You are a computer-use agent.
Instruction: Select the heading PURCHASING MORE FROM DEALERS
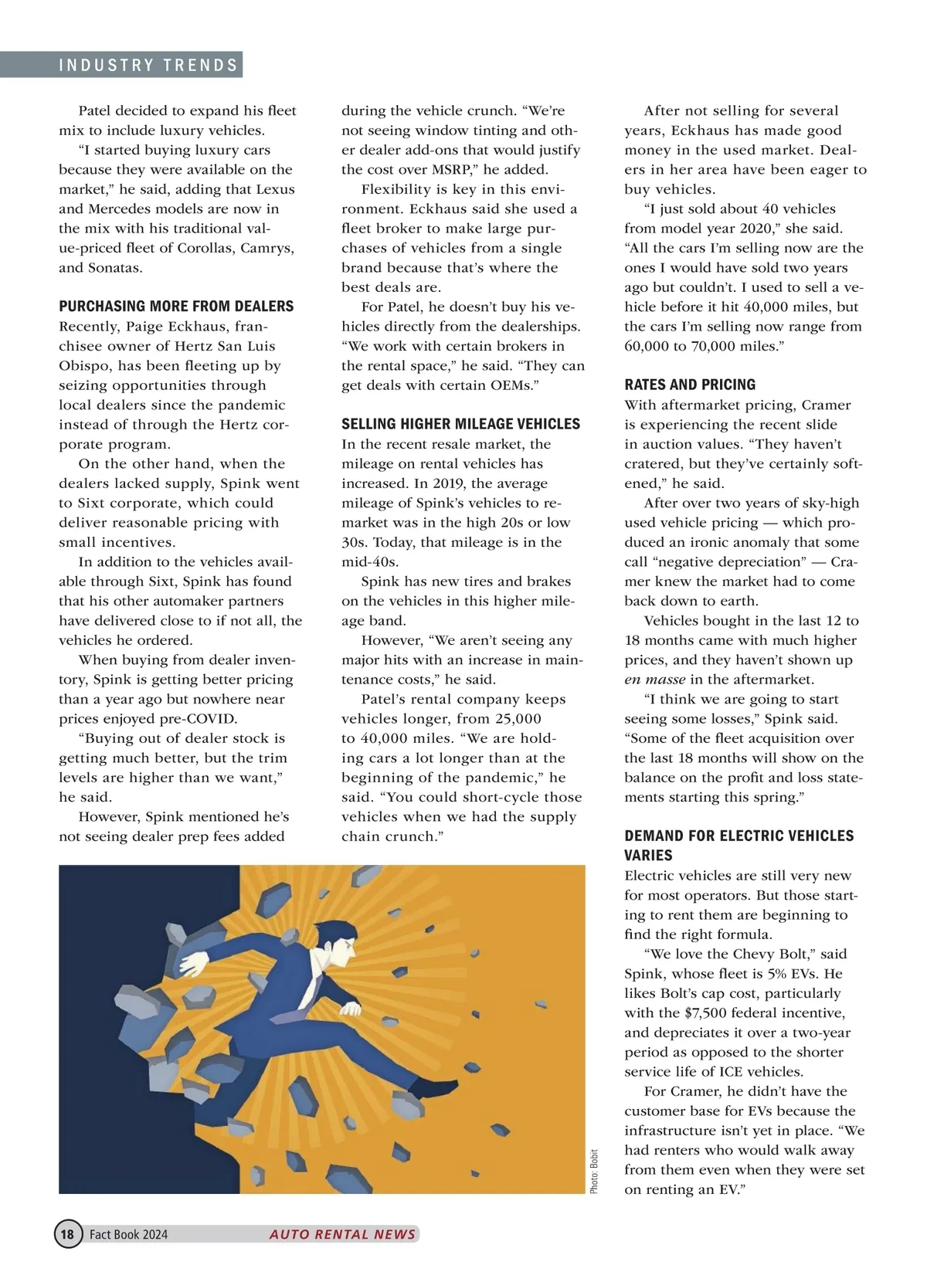[176, 307]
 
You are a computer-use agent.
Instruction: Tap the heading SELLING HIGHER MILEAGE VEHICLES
[460, 424]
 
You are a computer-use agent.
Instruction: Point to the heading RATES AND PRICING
[690, 385]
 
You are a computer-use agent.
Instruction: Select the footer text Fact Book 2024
[128, 1234]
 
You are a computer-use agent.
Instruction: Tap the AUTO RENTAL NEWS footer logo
[342, 1234]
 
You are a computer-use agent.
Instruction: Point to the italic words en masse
[654, 680]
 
